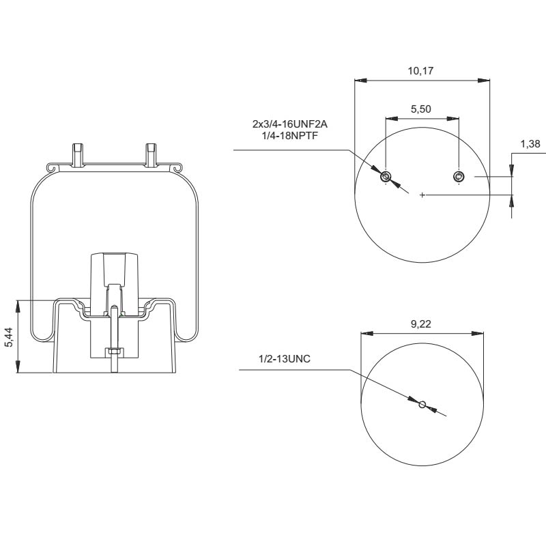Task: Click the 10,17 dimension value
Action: coord(422,70)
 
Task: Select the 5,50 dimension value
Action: coord(421,109)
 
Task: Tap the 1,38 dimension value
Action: coord(530,144)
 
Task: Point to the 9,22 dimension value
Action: coord(421,324)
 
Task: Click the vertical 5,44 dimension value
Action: coord(9,336)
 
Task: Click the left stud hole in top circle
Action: coord(386,177)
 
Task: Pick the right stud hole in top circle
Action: coord(459,177)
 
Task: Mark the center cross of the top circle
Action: coord(422,196)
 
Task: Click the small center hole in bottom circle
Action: coord(422,405)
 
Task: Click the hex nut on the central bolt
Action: coord(114,352)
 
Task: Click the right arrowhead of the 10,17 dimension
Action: coord(485,81)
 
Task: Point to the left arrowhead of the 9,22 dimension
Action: coord(366,334)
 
